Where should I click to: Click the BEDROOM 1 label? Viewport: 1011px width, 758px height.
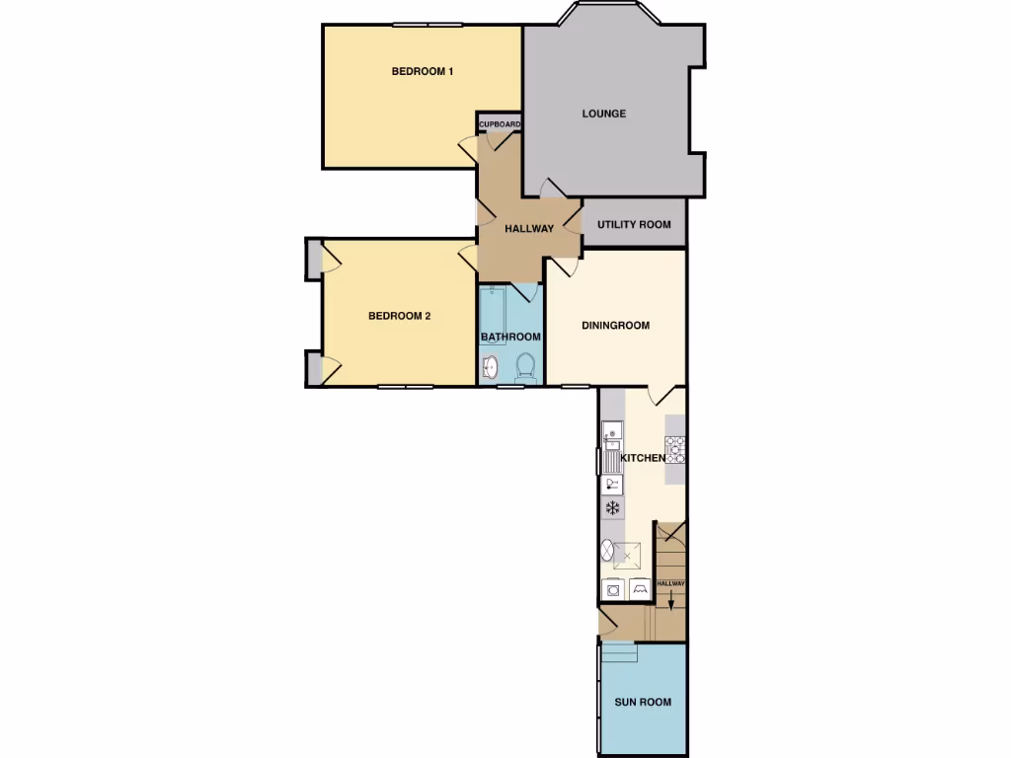click(422, 71)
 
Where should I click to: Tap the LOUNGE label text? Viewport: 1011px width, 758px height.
click(603, 114)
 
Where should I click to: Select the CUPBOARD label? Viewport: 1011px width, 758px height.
click(500, 124)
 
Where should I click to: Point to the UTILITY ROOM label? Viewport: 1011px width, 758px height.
click(633, 225)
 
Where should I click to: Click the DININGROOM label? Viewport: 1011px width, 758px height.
click(615, 326)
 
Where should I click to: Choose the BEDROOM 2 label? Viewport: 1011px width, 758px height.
click(399, 317)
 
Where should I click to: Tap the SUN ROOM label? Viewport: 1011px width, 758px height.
click(643, 703)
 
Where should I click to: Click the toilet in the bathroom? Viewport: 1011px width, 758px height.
click(525, 367)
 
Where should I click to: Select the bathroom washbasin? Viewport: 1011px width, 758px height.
click(491, 369)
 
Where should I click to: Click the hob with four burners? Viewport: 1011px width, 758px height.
click(676, 450)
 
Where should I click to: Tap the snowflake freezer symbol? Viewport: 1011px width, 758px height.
click(612, 508)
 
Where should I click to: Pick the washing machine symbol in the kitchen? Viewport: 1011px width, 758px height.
click(612, 590)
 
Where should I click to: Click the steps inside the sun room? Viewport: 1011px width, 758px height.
click(620, 652)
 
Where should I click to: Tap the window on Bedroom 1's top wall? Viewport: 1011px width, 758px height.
click(427, 25)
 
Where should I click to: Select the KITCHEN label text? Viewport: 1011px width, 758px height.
click(641, 459)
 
